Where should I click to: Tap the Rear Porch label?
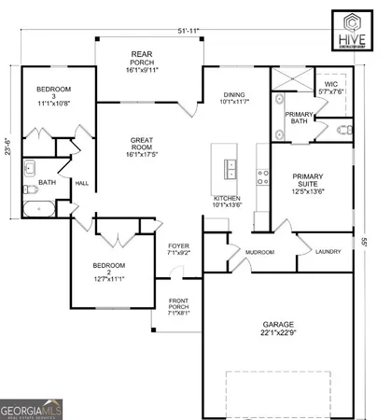(x=141, y=61)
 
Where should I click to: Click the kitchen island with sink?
(x=227, y=168)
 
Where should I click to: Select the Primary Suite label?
(x=308, y=181)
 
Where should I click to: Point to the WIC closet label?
(x=331, y=87)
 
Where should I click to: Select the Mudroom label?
(x=259, y=252)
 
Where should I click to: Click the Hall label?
(x=81, y=183)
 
